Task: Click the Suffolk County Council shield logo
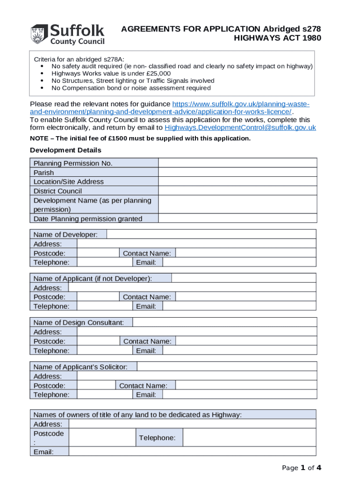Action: click(39, 35)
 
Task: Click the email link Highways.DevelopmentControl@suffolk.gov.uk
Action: click(240, 128)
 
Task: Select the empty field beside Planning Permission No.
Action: click(238, 163)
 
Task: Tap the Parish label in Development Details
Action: click(43, 173)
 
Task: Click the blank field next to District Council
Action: click(238, 191)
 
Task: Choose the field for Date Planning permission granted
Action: click(238, 218)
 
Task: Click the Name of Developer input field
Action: click(211, 234)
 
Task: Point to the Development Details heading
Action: click(65, 150)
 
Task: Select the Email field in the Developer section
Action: click(239, 262)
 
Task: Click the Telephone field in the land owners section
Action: click(249, 438)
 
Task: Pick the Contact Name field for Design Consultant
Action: click(246, 341)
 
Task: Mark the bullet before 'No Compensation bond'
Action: click(42, 88)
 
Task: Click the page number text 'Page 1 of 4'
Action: click(302, 467)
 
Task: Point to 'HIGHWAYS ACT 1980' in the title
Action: click(277, 38)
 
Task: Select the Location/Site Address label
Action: click(69, 181)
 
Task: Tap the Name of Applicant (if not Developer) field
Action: click(244, 278)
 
